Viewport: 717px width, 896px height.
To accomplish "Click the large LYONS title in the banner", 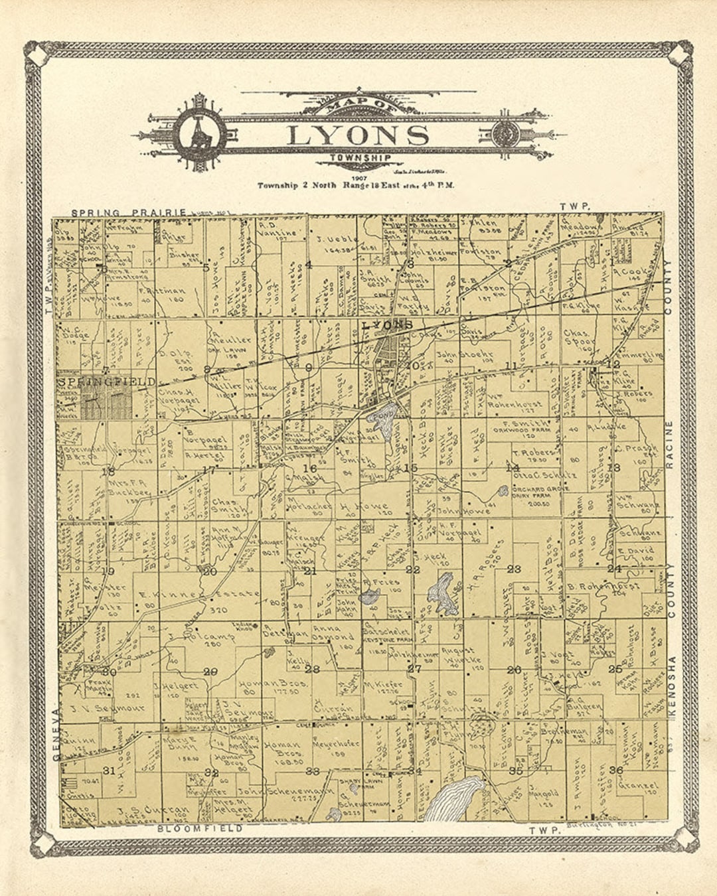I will [358, 135].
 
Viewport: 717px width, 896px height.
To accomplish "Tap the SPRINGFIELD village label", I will [107, 382].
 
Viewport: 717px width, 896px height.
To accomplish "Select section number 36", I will [615, 770].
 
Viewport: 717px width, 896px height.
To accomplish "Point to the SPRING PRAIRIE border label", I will [129, 212].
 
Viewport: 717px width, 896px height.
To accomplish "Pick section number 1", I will [611, 261].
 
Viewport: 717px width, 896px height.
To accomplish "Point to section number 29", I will [210, 672].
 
